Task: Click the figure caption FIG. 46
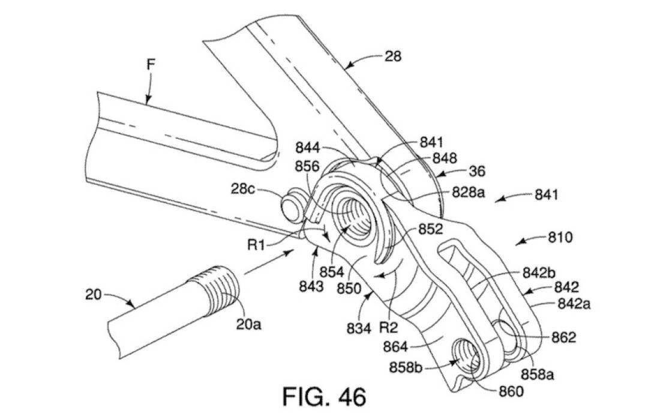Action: [324, 397]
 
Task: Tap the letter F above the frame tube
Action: [152, 64]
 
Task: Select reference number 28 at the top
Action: [392, 56]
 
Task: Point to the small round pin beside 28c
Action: [292, 203]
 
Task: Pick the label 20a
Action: [249, 324]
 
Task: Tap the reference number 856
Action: [307, 166]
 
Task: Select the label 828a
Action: [468, 193]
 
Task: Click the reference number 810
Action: [560, 238]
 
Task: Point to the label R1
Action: [256, 244]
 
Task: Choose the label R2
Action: [388, 328]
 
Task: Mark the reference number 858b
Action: [406, 367]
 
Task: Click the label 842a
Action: [574, 304]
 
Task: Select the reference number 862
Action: [563, 337]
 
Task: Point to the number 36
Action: [477, 171]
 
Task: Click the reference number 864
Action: [395, 346]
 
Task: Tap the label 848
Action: [445, 158]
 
